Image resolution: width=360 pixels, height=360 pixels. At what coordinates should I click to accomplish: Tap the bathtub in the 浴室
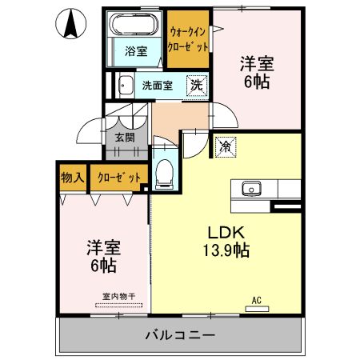click(135, 24)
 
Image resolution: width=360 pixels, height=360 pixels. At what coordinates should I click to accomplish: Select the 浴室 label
click(135, 52)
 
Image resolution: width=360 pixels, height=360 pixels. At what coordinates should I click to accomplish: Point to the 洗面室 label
click(157, 85)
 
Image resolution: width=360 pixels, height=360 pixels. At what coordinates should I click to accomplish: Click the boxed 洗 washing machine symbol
click(195, 84)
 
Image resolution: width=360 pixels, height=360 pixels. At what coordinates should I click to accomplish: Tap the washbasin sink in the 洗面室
click(126, 86)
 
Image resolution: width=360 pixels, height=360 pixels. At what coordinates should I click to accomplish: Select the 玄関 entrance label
click(124, 138)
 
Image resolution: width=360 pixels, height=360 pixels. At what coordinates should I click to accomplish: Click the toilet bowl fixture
click(166, 170)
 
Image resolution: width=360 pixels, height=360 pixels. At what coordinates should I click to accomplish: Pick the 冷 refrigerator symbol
click(226, 146)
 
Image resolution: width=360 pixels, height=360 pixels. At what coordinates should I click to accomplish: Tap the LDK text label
click(226, 233)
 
